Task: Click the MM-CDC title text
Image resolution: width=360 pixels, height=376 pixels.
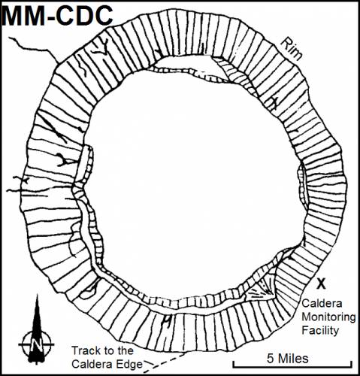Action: (57, 16)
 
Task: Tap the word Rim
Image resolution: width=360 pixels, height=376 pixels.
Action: (292, 50)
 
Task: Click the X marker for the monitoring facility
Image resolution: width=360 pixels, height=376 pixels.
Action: (321, 284)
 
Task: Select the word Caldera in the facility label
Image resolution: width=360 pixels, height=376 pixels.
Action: (322, 303)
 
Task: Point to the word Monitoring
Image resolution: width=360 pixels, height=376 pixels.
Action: (328, 317)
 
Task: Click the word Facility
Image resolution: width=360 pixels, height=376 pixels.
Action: (320, 330)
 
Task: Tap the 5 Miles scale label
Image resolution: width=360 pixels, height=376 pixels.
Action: (287, 358)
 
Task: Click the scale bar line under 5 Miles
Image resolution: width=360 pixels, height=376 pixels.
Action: (292, 367)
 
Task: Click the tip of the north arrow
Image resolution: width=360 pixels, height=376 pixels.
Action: (38, 294)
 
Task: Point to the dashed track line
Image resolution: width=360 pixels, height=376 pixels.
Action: (165, 362)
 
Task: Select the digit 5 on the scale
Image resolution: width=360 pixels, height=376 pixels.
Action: (271, 359)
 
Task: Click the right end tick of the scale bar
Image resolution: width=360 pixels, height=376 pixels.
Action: (352, 365)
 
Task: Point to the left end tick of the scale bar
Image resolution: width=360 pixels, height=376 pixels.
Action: (234, 365)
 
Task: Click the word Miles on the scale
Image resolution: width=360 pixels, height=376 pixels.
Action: (294, 358)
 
